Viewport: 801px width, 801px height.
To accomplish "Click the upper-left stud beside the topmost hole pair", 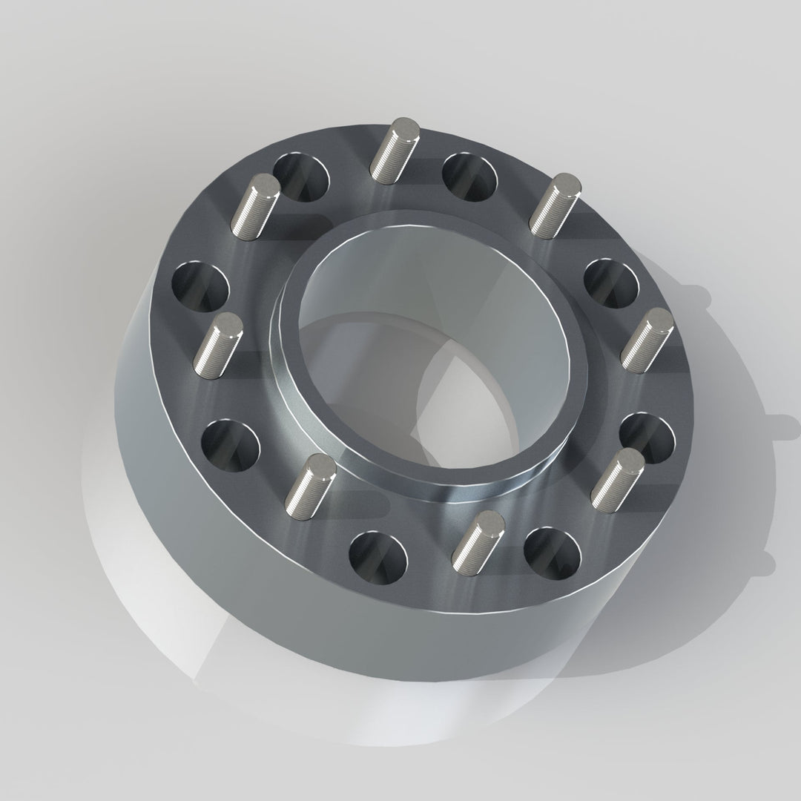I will point(256,205).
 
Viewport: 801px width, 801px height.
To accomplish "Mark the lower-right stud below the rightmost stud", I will point(617,475).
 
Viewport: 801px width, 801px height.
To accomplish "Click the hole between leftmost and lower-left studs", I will point(230,446).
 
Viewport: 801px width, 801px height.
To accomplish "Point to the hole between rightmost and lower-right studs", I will point(645,438).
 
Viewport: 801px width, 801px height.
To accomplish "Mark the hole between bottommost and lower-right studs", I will point(552,553).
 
